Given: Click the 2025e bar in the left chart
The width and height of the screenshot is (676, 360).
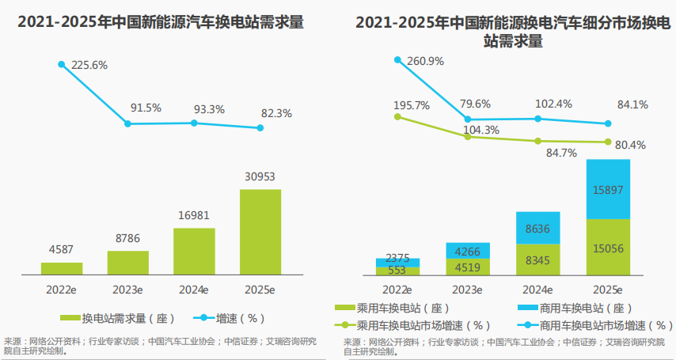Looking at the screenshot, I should point(260,231).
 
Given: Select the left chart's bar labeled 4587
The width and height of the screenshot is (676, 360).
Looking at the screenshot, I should point(62,268).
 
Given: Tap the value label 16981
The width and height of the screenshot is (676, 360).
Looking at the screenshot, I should point(193,215).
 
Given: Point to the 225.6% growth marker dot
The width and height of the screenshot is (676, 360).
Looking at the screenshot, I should point(61,64).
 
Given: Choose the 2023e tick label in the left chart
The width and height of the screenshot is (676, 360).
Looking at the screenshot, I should point(127,289).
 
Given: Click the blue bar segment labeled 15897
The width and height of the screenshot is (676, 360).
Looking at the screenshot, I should point(608,189).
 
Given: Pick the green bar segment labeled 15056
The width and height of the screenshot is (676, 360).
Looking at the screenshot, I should point(608,248).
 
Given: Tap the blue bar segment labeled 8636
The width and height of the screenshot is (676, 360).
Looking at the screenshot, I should point(537,227).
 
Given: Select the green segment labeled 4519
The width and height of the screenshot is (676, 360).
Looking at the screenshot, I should point(468,266).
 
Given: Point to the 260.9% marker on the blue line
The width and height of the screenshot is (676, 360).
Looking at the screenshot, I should point(398,59).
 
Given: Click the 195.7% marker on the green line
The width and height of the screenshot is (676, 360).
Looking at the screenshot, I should point(398,116).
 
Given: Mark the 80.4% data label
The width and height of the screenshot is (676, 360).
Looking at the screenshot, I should point(630,145).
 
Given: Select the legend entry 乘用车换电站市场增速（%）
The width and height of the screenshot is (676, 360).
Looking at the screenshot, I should point(412,324).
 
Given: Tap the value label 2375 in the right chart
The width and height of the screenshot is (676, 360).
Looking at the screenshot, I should point(397,257).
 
